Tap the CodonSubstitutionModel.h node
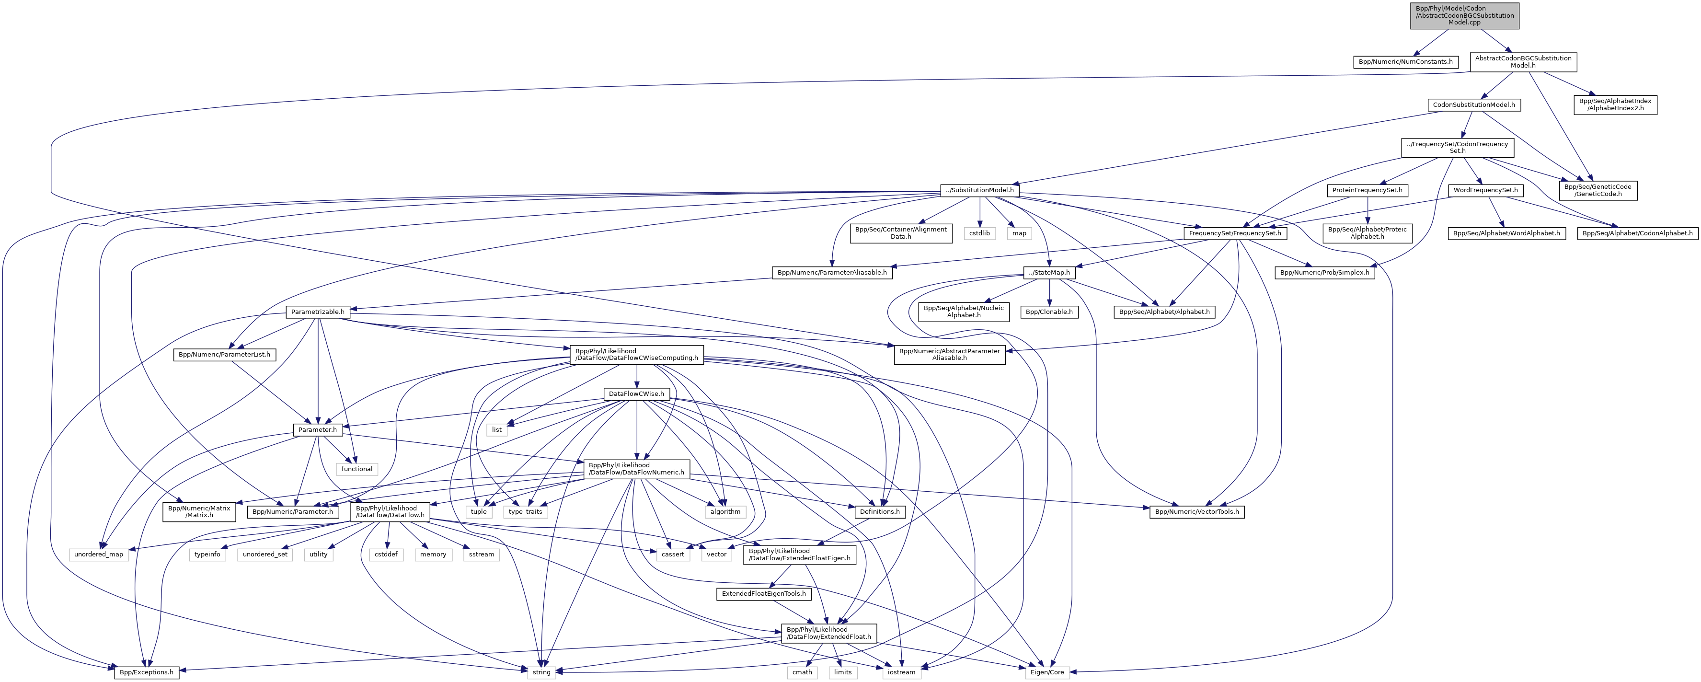1473,105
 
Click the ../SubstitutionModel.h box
980,191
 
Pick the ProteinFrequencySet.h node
1367,191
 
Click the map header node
1019,233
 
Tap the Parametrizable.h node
318,312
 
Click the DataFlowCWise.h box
636,394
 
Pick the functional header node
356,469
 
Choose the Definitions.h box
878,512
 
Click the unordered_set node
265,555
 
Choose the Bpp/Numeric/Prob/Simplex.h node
1324,273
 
